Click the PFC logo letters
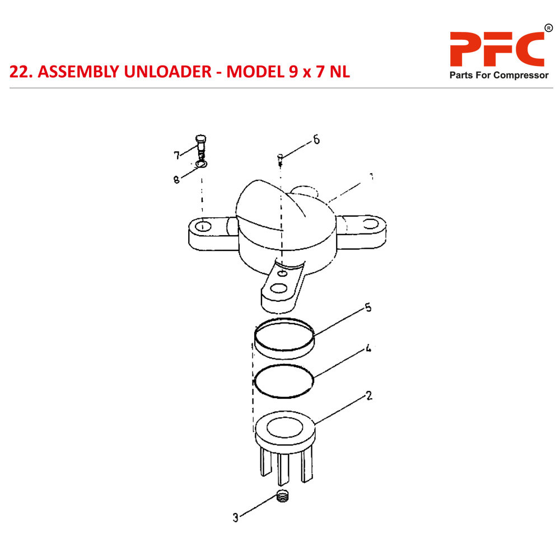coord(497,49)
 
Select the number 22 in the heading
coord(21,72)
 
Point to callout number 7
coord(176,155)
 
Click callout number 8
coord(176,180)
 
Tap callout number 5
coord(368,307)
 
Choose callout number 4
coord(368,348)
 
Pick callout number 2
coord(368,395)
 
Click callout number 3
coord(236,518)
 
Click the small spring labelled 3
coord(284,496)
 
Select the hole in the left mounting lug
coord(203,227)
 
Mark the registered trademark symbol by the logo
coord(548,28)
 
